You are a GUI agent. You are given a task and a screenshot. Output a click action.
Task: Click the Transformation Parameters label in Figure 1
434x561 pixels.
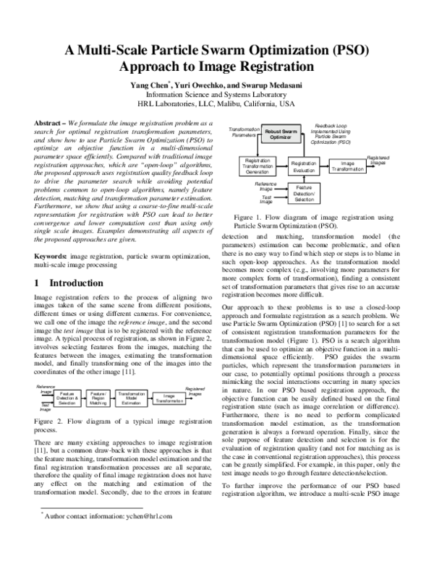(243, 132)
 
